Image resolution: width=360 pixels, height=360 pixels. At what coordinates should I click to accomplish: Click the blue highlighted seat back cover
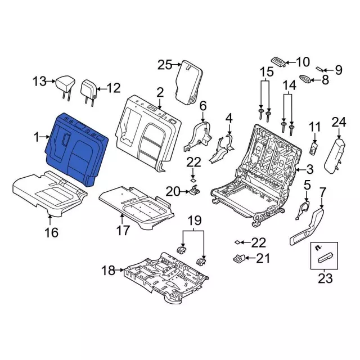point(76,149)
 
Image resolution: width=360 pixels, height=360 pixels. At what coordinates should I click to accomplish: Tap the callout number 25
point(164,65)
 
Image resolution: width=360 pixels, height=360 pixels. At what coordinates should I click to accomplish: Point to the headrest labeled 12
point(89,92)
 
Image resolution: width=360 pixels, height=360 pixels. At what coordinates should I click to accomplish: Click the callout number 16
point(51,232)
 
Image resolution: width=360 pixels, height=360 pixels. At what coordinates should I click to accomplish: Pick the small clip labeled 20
point(195,190)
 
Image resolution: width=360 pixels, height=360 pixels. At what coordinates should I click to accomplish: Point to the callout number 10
point(303,62)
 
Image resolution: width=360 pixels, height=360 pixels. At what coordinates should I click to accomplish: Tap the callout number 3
point(309,169)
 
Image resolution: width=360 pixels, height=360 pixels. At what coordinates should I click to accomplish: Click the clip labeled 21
point(239,259)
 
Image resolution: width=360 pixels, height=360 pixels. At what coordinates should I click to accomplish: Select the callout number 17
point(123,230)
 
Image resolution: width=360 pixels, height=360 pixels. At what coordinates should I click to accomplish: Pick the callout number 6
point(203,106)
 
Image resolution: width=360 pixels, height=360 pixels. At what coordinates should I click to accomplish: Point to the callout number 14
point(289,85)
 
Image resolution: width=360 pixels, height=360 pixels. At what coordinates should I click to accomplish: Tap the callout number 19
point(195,220)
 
